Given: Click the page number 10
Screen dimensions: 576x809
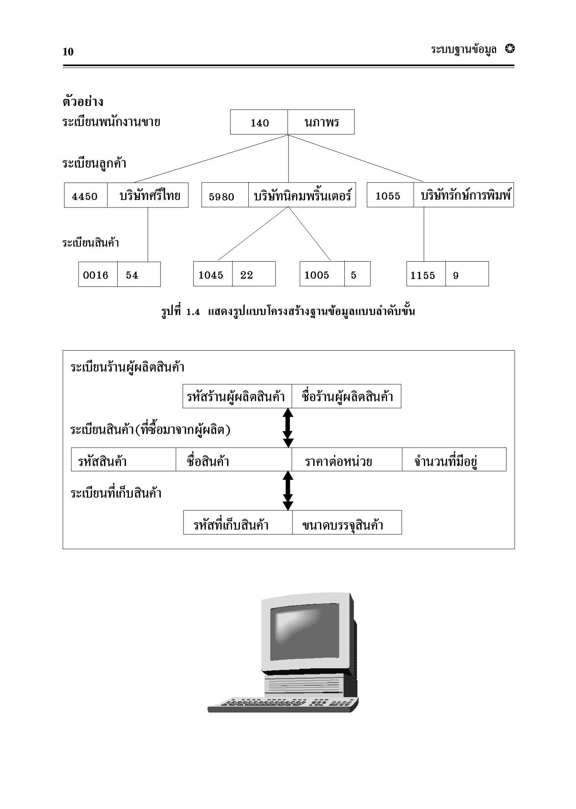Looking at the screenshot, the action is point(68,52).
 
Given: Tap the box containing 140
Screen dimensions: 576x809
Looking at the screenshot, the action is point(259,122).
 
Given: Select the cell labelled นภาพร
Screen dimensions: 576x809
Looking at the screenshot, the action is point(321,122).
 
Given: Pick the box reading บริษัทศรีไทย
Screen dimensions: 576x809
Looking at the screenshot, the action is point(148,195).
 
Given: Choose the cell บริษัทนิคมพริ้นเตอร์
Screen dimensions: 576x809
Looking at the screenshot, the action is point(302,195).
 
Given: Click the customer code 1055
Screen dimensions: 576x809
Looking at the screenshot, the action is point(388,196).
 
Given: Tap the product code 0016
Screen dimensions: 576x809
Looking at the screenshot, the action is point(96,275).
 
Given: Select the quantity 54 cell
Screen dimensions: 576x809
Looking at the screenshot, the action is point(139,274).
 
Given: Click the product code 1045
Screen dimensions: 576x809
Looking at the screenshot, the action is point(211,275).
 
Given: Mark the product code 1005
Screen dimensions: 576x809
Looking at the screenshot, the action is point(317,275).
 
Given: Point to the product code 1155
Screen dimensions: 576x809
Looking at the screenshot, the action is point(423,275).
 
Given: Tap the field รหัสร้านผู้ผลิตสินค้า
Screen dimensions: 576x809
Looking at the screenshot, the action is point(237,396).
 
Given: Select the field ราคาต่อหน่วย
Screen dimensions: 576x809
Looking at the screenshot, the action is point(347,459).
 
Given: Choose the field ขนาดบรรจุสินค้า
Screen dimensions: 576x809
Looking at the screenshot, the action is point(347,522).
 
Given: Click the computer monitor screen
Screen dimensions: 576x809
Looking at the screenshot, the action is point(304,633).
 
